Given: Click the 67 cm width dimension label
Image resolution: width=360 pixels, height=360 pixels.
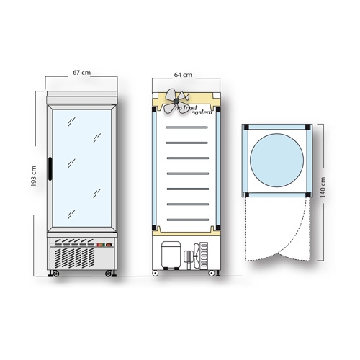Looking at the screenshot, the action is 81,72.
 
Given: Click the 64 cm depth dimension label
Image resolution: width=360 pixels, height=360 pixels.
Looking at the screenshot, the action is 183,75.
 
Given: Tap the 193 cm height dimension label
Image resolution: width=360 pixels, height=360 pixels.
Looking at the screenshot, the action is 34,176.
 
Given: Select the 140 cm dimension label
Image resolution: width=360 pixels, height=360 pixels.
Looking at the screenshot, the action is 323,187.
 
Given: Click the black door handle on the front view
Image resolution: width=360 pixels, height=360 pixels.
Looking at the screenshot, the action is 50,168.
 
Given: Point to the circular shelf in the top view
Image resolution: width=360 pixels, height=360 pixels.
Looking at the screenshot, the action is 276,160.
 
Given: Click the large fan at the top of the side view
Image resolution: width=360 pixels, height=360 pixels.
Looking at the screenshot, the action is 176,101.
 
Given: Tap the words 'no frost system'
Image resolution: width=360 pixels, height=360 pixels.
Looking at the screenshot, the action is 194,110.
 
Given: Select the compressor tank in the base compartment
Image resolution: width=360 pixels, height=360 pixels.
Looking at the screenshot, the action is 171,255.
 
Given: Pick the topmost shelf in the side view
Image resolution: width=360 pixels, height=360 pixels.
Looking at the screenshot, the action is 186,127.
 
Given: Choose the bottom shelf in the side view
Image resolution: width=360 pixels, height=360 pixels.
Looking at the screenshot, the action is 188,220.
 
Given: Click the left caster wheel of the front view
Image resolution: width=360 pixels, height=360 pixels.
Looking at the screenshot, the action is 55,274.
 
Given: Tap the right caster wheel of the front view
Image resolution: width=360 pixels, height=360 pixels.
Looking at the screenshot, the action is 109,274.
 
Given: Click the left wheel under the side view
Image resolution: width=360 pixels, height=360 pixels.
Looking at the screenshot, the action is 156,273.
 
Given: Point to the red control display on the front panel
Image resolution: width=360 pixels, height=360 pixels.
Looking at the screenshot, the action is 104,245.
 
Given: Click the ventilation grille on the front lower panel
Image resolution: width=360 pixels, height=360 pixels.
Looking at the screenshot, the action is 74,258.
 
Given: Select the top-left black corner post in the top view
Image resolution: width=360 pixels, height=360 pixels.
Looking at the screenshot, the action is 246,127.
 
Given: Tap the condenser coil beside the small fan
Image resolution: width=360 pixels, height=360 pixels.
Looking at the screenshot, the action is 204,256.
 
